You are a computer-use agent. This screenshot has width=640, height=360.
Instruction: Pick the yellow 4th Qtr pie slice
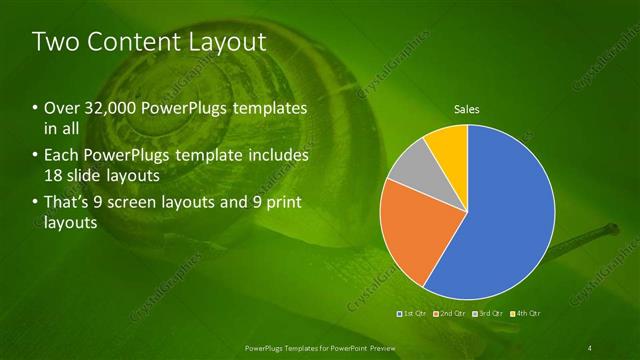click(449, 145)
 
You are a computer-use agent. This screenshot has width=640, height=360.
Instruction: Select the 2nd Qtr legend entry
click(450, 314)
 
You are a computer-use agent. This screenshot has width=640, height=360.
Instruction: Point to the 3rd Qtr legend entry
click(489, 314)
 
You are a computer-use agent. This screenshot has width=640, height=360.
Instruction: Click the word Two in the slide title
click(52, 42)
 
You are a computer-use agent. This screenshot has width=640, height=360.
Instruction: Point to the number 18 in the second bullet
click(54, 176)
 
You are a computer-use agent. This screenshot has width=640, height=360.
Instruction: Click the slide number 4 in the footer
click(591, 347)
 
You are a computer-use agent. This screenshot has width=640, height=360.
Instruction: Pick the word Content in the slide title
click(126, 42)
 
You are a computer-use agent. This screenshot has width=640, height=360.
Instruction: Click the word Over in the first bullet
click(60, 107)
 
